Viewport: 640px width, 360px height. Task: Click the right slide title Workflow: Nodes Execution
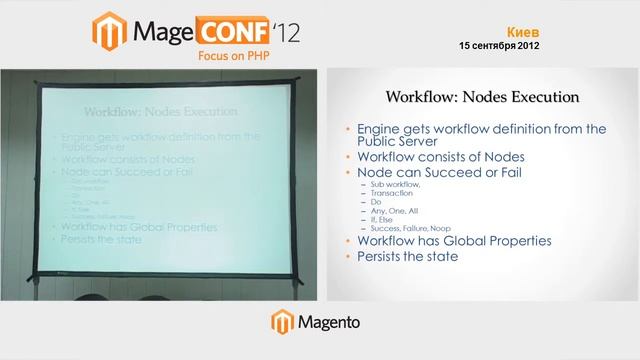tap(483, 98)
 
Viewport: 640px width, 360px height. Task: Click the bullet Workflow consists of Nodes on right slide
tap(441, 157)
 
